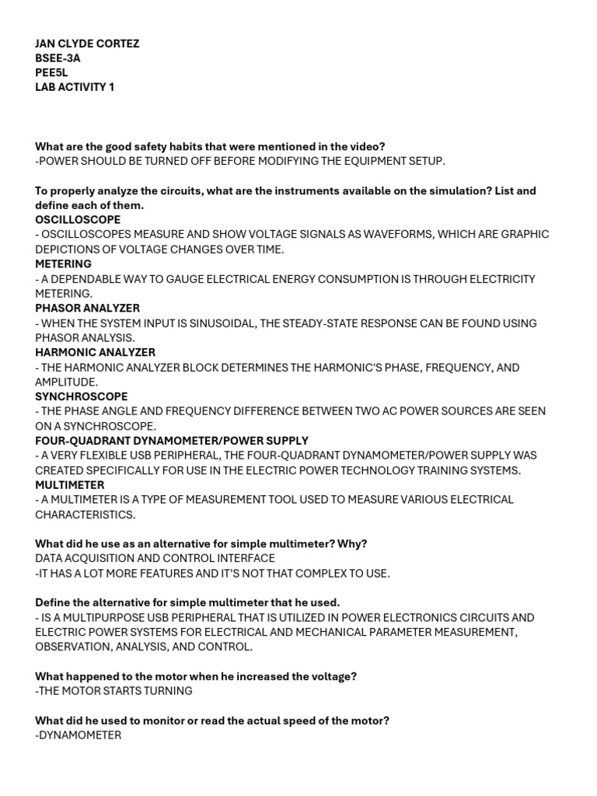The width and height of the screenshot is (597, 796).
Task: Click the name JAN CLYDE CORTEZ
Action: (x=87, y=44)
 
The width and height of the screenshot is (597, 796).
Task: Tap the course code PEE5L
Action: (x=51, y=72)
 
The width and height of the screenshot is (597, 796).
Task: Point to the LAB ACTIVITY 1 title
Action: (x=75, y=87)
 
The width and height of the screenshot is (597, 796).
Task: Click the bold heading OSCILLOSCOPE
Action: (x=78, y=220)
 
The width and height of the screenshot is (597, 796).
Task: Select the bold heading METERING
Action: (x=63, y=264)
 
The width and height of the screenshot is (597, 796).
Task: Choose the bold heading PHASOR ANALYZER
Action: (x=87, y=309)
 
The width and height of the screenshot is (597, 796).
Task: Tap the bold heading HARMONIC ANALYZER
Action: (x=95, y=353)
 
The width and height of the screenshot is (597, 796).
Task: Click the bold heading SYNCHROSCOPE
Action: (x=81, y=396)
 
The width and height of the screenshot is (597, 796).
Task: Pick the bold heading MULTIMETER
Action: (x=69, y=485)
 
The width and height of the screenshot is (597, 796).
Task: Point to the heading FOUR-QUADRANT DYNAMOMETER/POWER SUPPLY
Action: (x=171, y=441)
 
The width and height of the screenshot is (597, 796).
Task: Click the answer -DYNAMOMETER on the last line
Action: (x=78, y=735)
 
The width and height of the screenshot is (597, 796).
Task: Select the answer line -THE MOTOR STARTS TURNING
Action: (x=113, y=691)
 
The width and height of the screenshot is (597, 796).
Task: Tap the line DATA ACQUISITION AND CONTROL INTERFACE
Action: (x=155, y=559)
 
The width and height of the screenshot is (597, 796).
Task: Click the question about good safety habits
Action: (x=210, y=146)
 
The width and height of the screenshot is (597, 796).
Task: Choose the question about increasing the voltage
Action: (x=196, y=676)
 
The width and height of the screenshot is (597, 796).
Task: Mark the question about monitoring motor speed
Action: (x=212, y=721)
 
